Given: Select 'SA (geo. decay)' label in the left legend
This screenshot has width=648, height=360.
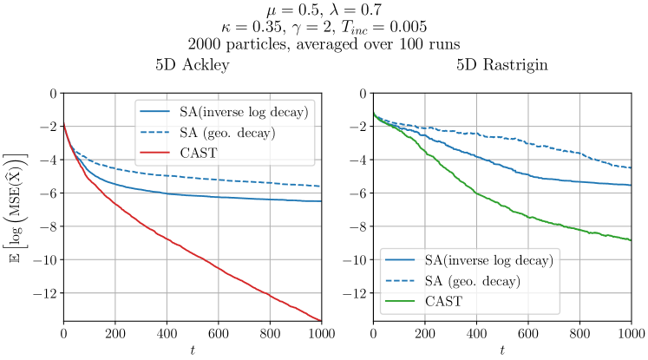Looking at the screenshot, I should click(227, 133).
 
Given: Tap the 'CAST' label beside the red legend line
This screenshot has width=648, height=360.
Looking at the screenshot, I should click(199, 154).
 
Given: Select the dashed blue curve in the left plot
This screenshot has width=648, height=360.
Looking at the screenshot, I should click(217, 179).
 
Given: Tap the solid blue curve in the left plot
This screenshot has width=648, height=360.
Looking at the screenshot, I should click(217, 197).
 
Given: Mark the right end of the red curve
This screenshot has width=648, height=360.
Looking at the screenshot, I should click(320, 320).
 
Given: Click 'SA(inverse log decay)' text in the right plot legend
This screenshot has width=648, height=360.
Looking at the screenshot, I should click(488, 260).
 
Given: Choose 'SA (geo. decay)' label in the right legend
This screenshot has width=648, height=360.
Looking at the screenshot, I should click(473, 281).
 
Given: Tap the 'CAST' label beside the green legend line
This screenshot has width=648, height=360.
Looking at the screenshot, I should click(444, 302).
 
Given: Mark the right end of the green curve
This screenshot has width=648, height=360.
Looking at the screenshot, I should click(630, 239).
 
